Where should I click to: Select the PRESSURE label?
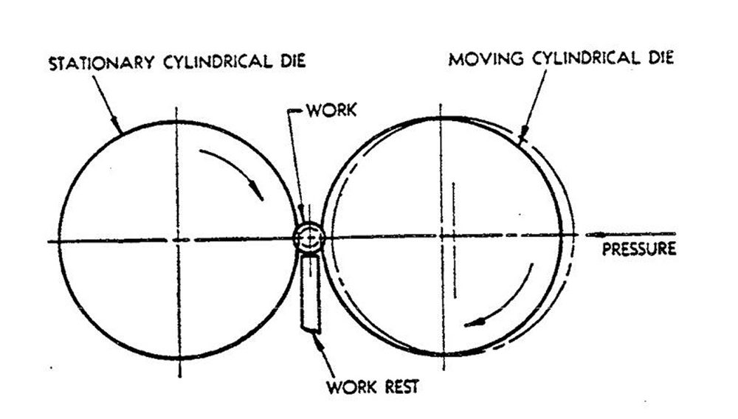click(x=638, y=249)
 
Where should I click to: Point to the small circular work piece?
click(x=310, y=238)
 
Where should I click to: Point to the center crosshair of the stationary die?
click(x=176, y=240)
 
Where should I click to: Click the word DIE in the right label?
click(x=660, y=58)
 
